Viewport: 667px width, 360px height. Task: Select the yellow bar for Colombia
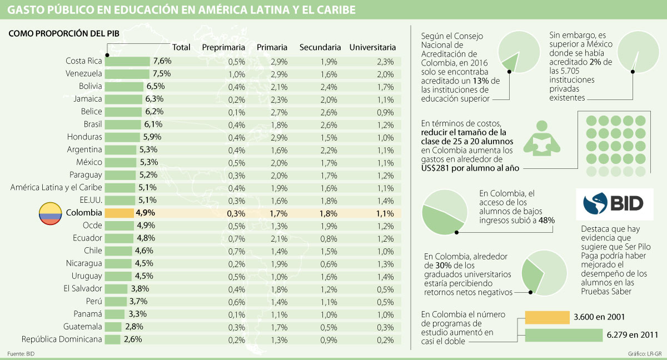pos(118,213)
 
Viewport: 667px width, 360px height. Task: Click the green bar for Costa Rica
pos(127,61)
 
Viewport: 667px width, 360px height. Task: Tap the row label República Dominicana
pos(62,339)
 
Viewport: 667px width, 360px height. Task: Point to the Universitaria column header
pos(372,48)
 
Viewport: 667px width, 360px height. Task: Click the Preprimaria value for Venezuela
pos(236,74)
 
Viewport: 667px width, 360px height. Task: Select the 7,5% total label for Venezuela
pos(162,74)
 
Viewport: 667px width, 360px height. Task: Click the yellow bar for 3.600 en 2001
pos(547,317)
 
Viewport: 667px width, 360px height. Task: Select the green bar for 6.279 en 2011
pos(564,335)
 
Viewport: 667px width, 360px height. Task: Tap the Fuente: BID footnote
pos(21,354)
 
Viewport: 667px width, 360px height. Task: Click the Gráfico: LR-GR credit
pos(645,354)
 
